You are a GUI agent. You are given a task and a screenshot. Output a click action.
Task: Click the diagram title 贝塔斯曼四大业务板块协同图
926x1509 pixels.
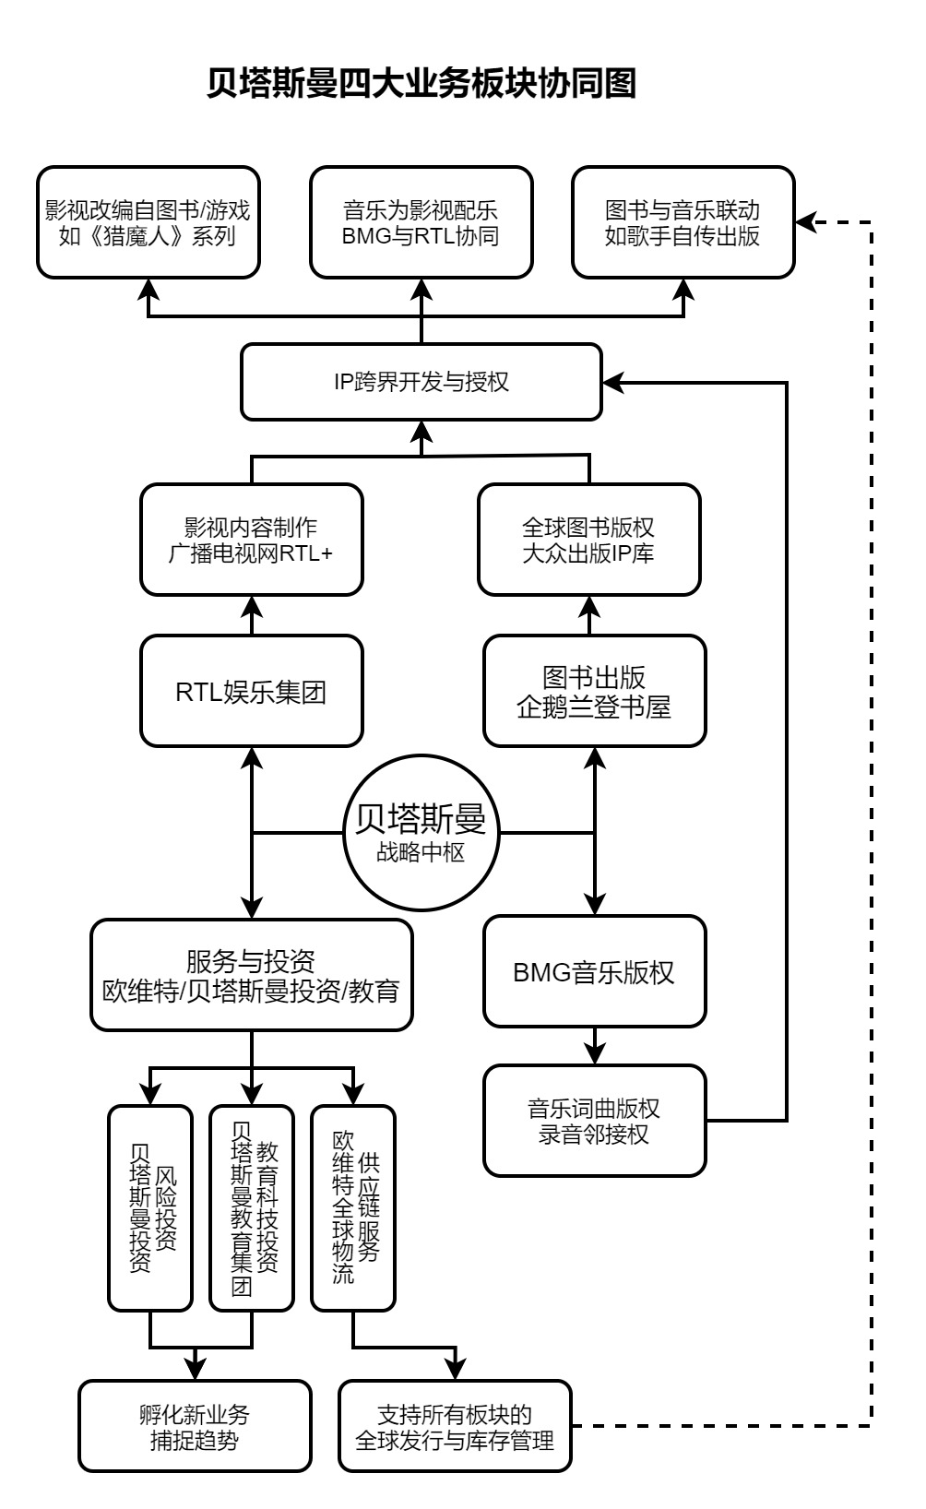(x=421, y=84)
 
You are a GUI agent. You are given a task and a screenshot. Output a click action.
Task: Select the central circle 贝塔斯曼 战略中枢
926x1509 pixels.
(x=421, y=833)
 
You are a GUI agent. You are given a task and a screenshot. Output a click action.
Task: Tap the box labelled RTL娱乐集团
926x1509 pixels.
(x=251, y=691)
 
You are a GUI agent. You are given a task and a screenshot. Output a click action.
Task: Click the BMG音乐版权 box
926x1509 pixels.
(x=594, y=971)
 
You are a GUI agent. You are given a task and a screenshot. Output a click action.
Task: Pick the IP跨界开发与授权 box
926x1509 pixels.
(x=421, y=382)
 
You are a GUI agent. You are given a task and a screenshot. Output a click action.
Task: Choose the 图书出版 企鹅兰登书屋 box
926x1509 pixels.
(x=594, y=691)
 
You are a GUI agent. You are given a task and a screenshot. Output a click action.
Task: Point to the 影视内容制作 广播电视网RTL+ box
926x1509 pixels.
(x=251, y=540)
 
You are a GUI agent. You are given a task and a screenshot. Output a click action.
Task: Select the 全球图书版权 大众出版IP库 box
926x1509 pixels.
(x=588, y=540)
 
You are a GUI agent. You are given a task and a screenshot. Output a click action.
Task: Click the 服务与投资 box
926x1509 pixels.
(x=251, y=975)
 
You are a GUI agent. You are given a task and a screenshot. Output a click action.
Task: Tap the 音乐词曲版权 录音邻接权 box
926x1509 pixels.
(x=594, y=1121)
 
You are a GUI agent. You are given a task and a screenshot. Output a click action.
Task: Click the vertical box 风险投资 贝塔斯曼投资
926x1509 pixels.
(x=150, y=1207)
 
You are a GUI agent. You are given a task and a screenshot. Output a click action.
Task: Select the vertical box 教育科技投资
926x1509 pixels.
(x=252, y=1207)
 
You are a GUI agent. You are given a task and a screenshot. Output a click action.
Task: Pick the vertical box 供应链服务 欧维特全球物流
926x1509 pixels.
(x=353, y=1207)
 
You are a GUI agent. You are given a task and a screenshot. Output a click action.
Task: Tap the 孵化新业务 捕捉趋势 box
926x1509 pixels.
(x=195, y=1426)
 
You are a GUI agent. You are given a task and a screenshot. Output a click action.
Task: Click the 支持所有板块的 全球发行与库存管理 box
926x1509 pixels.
(x=455, y=1426)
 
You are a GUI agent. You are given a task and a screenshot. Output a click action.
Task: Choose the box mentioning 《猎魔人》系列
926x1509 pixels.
(x=148, y=222)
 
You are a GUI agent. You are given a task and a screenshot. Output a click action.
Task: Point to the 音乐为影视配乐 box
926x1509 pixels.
(x=421, y=222)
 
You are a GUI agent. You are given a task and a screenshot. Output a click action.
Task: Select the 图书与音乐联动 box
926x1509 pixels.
(x=683, y=222)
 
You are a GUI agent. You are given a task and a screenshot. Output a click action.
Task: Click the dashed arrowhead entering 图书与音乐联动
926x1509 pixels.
(x=805, y=222)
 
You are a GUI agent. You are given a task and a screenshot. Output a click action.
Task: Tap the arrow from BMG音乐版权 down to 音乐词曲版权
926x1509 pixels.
(x=594, y=1047)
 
